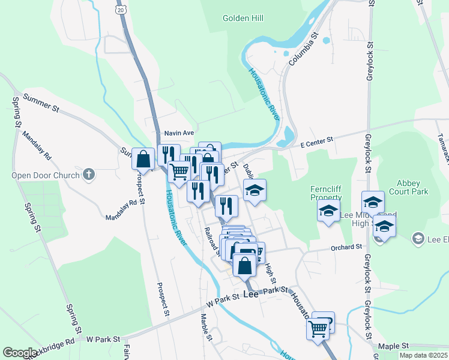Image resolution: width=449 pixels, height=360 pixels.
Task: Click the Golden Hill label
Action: click(243, 19)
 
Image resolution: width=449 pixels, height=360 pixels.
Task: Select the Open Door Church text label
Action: click(45, 175)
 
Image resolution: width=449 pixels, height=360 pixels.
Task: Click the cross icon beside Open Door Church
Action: click(88, 175)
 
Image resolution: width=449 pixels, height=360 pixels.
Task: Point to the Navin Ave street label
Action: click(179, 133)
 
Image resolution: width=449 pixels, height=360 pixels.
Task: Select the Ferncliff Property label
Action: click(326, 193)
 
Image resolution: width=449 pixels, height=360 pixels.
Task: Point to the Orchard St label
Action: click(346, 247)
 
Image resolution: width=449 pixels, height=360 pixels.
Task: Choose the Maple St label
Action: click(393, 346)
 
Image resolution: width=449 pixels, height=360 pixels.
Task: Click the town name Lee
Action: click(250, 295)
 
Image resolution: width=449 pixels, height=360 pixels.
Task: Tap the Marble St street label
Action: click(207, 327)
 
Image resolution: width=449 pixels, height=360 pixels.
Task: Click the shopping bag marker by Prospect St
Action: click(143, 160)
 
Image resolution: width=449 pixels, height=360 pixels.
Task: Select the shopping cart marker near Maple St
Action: click(318, 328)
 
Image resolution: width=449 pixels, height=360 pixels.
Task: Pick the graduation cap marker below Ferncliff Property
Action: click(328, 211)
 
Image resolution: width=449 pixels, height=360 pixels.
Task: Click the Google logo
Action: click(20, 353)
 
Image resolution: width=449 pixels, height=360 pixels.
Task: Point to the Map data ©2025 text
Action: click(423, 355)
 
